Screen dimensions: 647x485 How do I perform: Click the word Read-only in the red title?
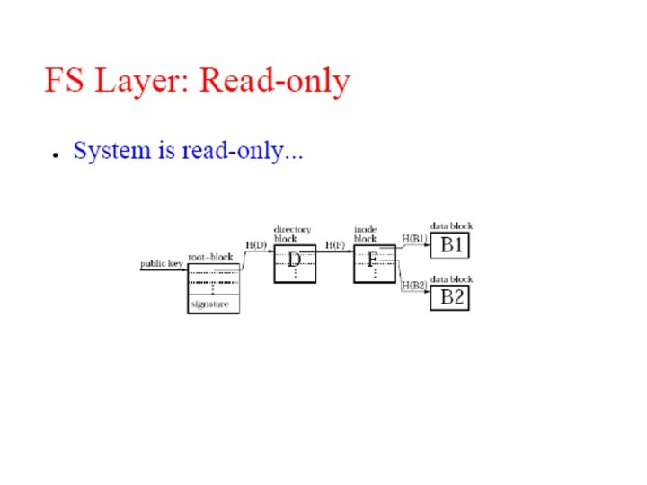pyautogui.click(x=274, y=81)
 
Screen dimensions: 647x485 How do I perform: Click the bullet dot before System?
pyautogui.click(x=56, y=154)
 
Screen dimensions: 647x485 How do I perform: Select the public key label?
pyautogui.click(x=162, y=264)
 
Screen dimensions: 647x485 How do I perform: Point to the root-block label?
pyautogui.click(x=210, y=257)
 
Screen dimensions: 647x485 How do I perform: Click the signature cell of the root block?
pyautogui.click(x=209, y=304)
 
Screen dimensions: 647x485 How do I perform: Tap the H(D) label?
pyautogui.click(x=256, y=243)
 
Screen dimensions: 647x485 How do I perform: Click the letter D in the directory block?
pyautogui.click(x=294, y=260)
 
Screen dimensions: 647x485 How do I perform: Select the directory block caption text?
pyautogui.click(x=292, y=234)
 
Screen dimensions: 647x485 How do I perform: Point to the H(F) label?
pyautogui.click(x=335, y=243)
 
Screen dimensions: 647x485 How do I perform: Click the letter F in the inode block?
pyautogui.click(x=373, y=260)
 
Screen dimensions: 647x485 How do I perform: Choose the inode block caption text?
pyautogui.click(x=366, y=234)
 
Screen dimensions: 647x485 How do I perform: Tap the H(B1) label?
pyautogui.click(x=414, y=238)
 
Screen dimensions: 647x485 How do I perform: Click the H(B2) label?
pyautogui.click(x=414, y=285)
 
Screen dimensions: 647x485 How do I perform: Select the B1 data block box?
pyautogui.click(x=451, y=245)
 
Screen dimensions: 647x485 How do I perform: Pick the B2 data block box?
pyautogui.click(x=451, y=297)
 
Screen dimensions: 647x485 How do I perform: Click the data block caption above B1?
pyautogui.click(x=451, y=226)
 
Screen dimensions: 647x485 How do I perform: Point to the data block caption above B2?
pyautogui.click(x=451, y=279)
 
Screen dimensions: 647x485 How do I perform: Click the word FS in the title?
pyautogui.click(x=64, y=81)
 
